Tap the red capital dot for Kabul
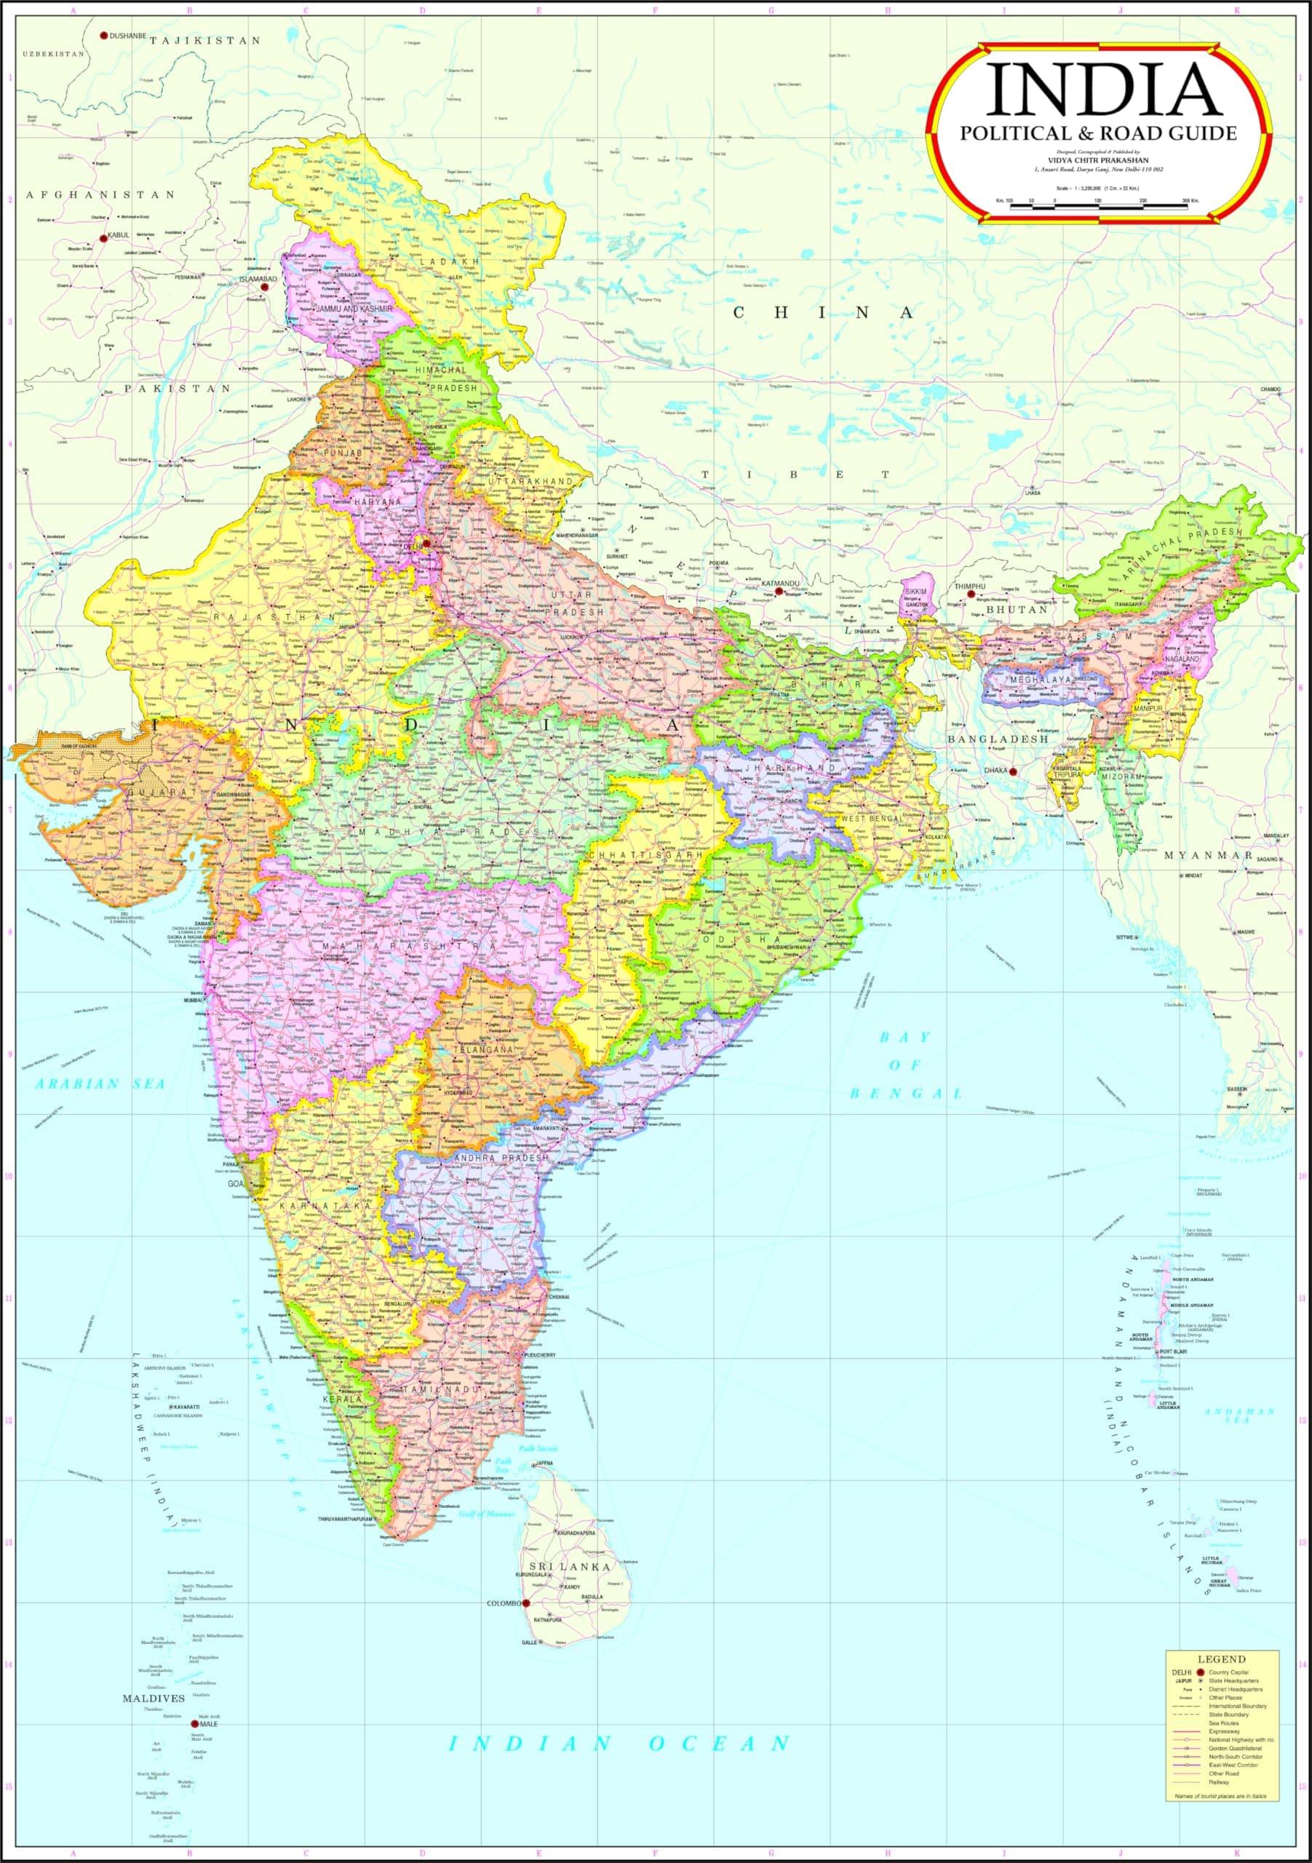[103, 237]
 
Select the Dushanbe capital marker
[103, 36]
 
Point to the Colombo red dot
[526, 1603]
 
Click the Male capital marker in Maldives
[194, 1723]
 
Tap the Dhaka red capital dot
[1014, 771]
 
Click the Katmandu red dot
[778, 592]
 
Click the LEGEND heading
[1221, 1659]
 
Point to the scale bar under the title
[1100, 207]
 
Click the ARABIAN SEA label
[100, 1084]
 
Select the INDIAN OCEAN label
[620, 1743]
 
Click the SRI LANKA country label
[569, 1567]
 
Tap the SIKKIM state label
[915, 593]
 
